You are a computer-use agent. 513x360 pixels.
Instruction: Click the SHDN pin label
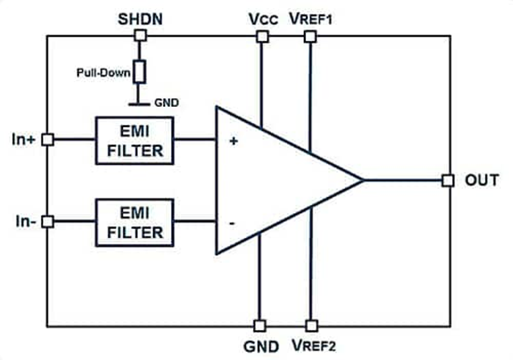pyautogui.click(x=138, y=19)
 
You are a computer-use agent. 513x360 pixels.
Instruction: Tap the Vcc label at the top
pyautogui.click(x=261, y=19)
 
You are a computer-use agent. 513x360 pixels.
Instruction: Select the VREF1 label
pyautogui.click(x=311, y=19)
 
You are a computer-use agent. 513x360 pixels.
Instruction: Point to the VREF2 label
pyautogui.click(x=311, y=345)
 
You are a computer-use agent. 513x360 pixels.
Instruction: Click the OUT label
pyautogui.click(x=479, y=180)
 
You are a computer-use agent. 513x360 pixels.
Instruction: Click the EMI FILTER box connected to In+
pyautogui.click(x=135, y=141)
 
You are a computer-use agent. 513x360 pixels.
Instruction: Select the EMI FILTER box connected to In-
pyautogui.click(x=135, y=223)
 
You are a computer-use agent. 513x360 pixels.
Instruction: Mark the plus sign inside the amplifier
pyautogui.click(x=233, y=140)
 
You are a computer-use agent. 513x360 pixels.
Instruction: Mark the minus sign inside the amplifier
pyautogui.click(x=233, y=223)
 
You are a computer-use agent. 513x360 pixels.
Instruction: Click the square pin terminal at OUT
pyautogui.click(x=448, y=181)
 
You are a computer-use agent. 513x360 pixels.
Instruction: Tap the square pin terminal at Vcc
pyautogui.click(x=261, y=37)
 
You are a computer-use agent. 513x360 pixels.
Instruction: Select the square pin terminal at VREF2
pyautogui.click(x=311, y=326)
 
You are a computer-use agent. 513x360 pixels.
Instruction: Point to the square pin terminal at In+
pyautogui.click(x=47, y=139)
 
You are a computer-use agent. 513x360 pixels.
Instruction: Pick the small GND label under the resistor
pyautogui.click(x=166, y=103)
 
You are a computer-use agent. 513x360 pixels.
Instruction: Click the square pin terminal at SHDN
pyautogui.click(x=139, y=37)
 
